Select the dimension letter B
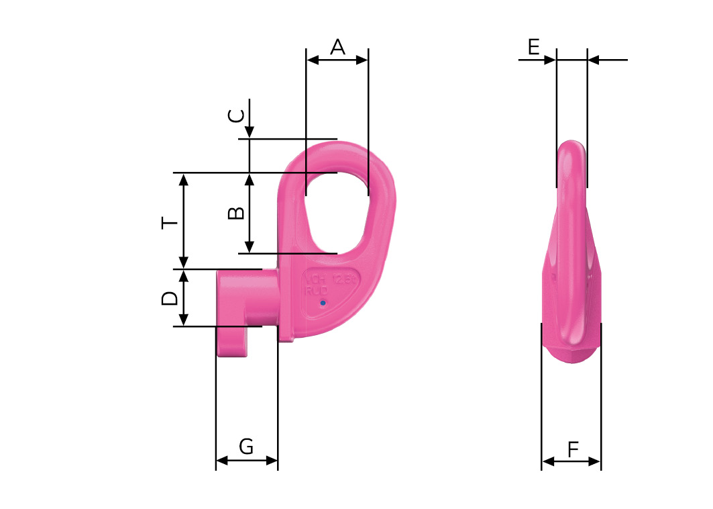coord(235,214)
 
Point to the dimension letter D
coord(170,298)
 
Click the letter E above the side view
coord(533,47)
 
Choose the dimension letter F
coord(572,449)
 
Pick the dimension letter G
coord(246,447)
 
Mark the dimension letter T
coord(170,222)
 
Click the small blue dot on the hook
coord(323,303)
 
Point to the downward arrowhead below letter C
coord(250,132)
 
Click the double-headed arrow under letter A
coord(337,60)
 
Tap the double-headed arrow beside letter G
coord(246,461)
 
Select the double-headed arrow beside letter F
coord(571,461)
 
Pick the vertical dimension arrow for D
coord(184,297)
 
